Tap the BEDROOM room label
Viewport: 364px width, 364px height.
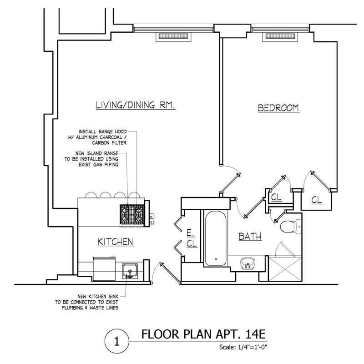278,108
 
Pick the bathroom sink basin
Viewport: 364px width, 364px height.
248,263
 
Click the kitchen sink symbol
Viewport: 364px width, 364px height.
130,269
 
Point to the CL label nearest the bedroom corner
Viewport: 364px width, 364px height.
317,199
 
